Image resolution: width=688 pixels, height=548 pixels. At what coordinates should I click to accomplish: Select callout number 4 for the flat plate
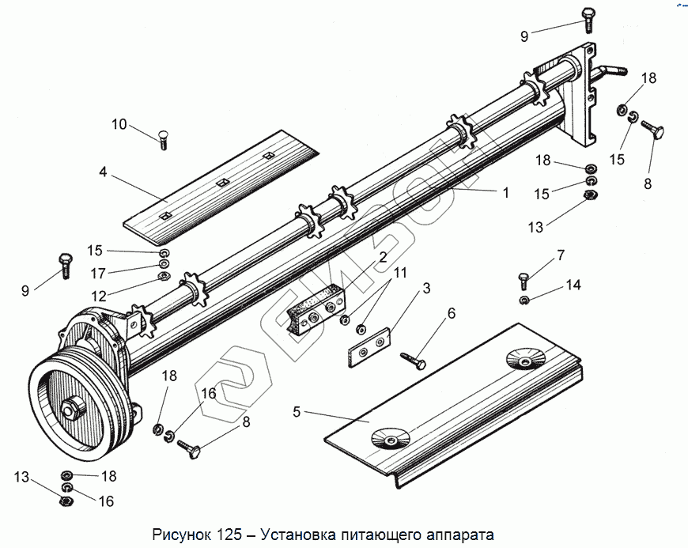tap(103, 171)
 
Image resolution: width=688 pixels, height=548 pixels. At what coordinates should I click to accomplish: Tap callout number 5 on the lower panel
tap(297, 411)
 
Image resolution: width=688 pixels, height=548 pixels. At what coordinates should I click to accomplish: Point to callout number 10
tap(119, 124)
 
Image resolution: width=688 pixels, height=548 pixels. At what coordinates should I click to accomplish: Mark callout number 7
tap(561, 255)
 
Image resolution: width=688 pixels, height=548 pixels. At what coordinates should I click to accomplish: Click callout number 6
tap(451, 313)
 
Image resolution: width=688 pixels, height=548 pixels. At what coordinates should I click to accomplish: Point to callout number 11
tap(400, 274)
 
